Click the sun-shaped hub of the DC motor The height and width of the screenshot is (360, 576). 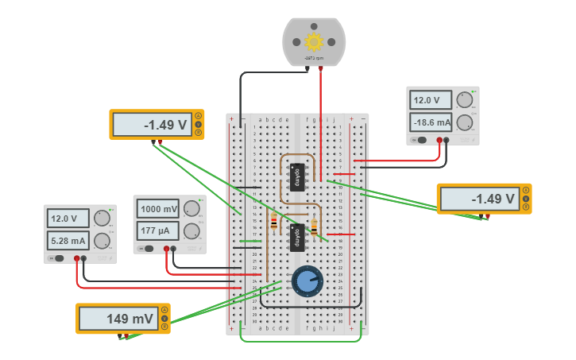(x=314, y=42)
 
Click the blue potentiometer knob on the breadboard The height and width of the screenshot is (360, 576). (x=307, y=281)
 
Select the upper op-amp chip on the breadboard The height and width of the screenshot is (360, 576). (x=297, y=175)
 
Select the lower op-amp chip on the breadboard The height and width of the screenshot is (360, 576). (x=297, y=236)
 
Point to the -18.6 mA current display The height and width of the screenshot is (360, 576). (x=431, y=122)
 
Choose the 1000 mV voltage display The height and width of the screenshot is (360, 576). (x=158, y=210)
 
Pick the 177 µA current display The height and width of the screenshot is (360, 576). (x=158, y=231)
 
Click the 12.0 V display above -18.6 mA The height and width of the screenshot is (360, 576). (x=431, y=100)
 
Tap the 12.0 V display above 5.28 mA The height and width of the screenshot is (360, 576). (x=68, y=219)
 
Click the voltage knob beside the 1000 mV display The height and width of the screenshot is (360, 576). (x=191, y=209)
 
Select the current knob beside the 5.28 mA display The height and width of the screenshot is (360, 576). (x=102, y=241)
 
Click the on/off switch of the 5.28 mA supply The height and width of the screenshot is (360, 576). (x=58, y=258)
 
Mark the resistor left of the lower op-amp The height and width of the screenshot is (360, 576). (x=274, y=223)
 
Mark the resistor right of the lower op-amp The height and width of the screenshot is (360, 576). (x=315, y=228)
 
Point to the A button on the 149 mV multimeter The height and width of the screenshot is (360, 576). (x=164, y=310)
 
